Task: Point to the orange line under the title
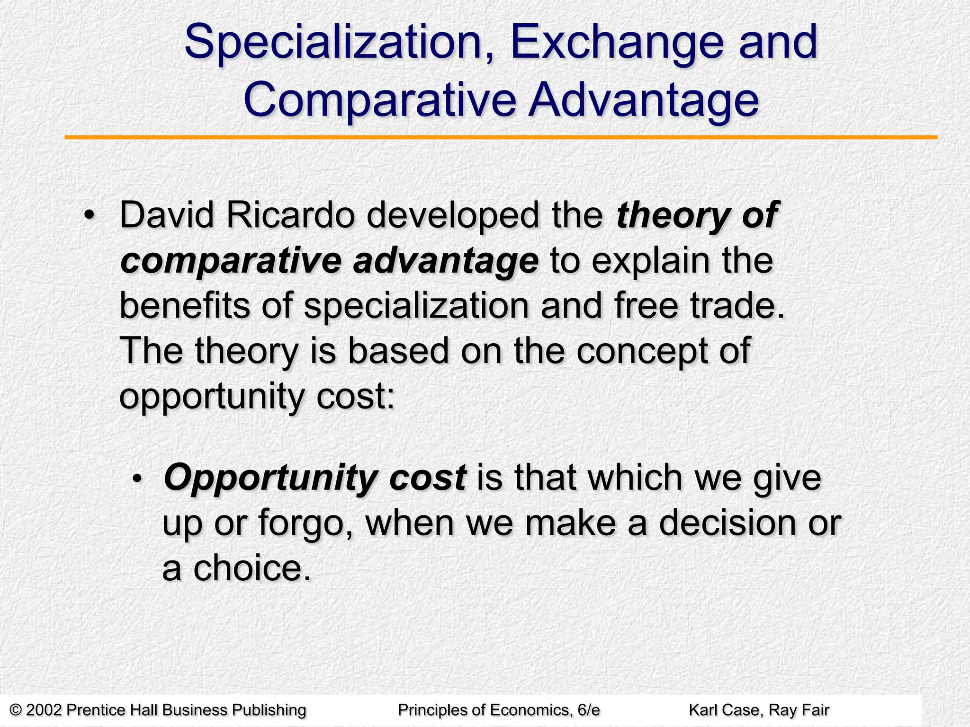(x=501, y=137)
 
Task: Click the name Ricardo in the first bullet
(x=290, y=216)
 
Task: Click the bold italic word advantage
(x=446, y=261)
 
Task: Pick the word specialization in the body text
(x=416, y=307)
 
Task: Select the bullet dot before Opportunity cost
(x=137, y=479)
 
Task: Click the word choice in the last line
(x=251, y=568)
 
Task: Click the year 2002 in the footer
(x=44, y=710)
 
